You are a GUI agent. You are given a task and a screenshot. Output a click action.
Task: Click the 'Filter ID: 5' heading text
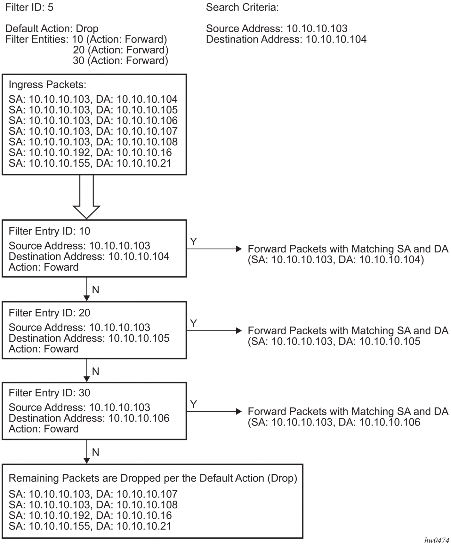tap(29, 7)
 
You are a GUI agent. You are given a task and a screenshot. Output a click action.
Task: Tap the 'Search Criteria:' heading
tap(242, 7)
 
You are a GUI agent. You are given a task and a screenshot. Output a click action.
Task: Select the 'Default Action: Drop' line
tap(52, 29)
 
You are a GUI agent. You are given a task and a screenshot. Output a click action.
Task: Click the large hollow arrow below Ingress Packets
tap(86, 197)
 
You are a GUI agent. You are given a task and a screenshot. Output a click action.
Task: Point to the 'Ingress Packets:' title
tap(47, 85)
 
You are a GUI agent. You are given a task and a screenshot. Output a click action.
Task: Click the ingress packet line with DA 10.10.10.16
tap(90, 153)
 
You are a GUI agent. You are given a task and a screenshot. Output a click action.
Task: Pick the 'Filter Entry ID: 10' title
tap(49, 231)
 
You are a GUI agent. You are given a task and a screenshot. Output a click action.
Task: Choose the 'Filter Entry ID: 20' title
tap(49, 313)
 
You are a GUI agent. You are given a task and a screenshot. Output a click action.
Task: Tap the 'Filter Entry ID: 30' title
tap(49, 393)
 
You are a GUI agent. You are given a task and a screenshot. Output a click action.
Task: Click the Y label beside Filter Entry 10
tap(193, 242)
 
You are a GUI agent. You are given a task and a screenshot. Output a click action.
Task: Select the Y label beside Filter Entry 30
tap(193, 404)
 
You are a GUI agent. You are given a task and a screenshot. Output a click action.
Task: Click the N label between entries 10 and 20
tap(95, 290)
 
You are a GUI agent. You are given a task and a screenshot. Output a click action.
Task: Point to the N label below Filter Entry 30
tap(95, 452)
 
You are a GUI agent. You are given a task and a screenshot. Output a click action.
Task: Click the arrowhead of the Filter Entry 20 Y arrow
tap(239, 330)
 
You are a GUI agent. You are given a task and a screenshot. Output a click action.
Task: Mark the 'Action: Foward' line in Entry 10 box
tap(44, 267)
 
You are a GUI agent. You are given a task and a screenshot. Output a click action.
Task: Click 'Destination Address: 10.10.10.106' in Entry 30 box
tap(89, 418)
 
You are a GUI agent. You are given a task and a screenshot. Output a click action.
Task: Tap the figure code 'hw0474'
tap(437, 541)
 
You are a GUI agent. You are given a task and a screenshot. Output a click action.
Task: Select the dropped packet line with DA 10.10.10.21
tap(90, 526)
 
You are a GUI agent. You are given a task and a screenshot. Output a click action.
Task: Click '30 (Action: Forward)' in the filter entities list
tap(120, 61)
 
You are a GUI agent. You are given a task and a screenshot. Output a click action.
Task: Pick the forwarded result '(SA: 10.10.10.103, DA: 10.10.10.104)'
tap(336, 260)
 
